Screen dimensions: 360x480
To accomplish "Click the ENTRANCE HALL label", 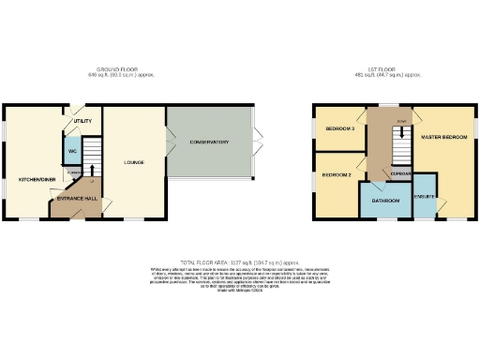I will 78,199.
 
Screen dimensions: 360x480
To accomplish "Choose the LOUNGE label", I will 134,162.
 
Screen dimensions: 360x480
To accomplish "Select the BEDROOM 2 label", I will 337,175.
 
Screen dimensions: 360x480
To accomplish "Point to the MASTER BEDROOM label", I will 444,137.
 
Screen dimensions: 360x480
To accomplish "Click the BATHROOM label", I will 385,201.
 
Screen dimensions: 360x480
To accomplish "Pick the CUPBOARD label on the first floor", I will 401,174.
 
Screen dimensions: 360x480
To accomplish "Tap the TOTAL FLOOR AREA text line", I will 240,262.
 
